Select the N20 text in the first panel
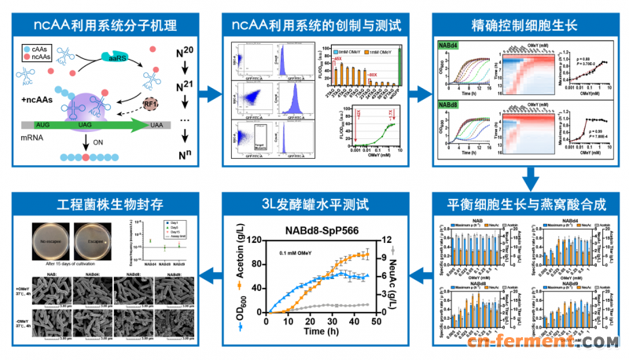coord(186,53)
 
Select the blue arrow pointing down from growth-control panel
coord(528,178)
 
